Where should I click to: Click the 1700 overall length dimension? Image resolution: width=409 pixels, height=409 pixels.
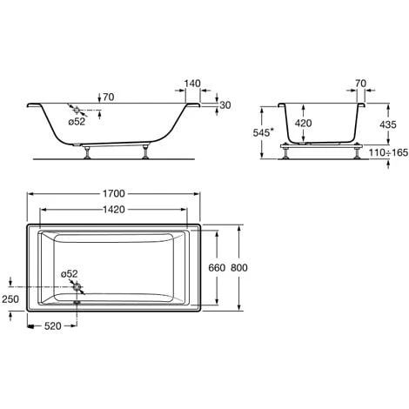point(114,193)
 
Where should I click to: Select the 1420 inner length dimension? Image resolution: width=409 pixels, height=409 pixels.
point(114,209)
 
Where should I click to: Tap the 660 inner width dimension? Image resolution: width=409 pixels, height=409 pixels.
point(217,267)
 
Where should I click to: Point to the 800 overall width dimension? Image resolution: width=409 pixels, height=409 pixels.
point(239,267)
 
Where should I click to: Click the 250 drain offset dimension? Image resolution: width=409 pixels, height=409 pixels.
point(10,299)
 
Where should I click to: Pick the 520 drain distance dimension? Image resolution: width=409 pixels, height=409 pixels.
point(53,326)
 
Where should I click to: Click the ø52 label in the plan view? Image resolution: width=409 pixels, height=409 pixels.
point(70,273)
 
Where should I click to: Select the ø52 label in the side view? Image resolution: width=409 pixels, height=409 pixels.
point(77,122)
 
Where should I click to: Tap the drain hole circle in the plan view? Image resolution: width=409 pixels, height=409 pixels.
point(77,287)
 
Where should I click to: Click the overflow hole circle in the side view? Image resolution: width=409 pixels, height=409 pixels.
point(77,111)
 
